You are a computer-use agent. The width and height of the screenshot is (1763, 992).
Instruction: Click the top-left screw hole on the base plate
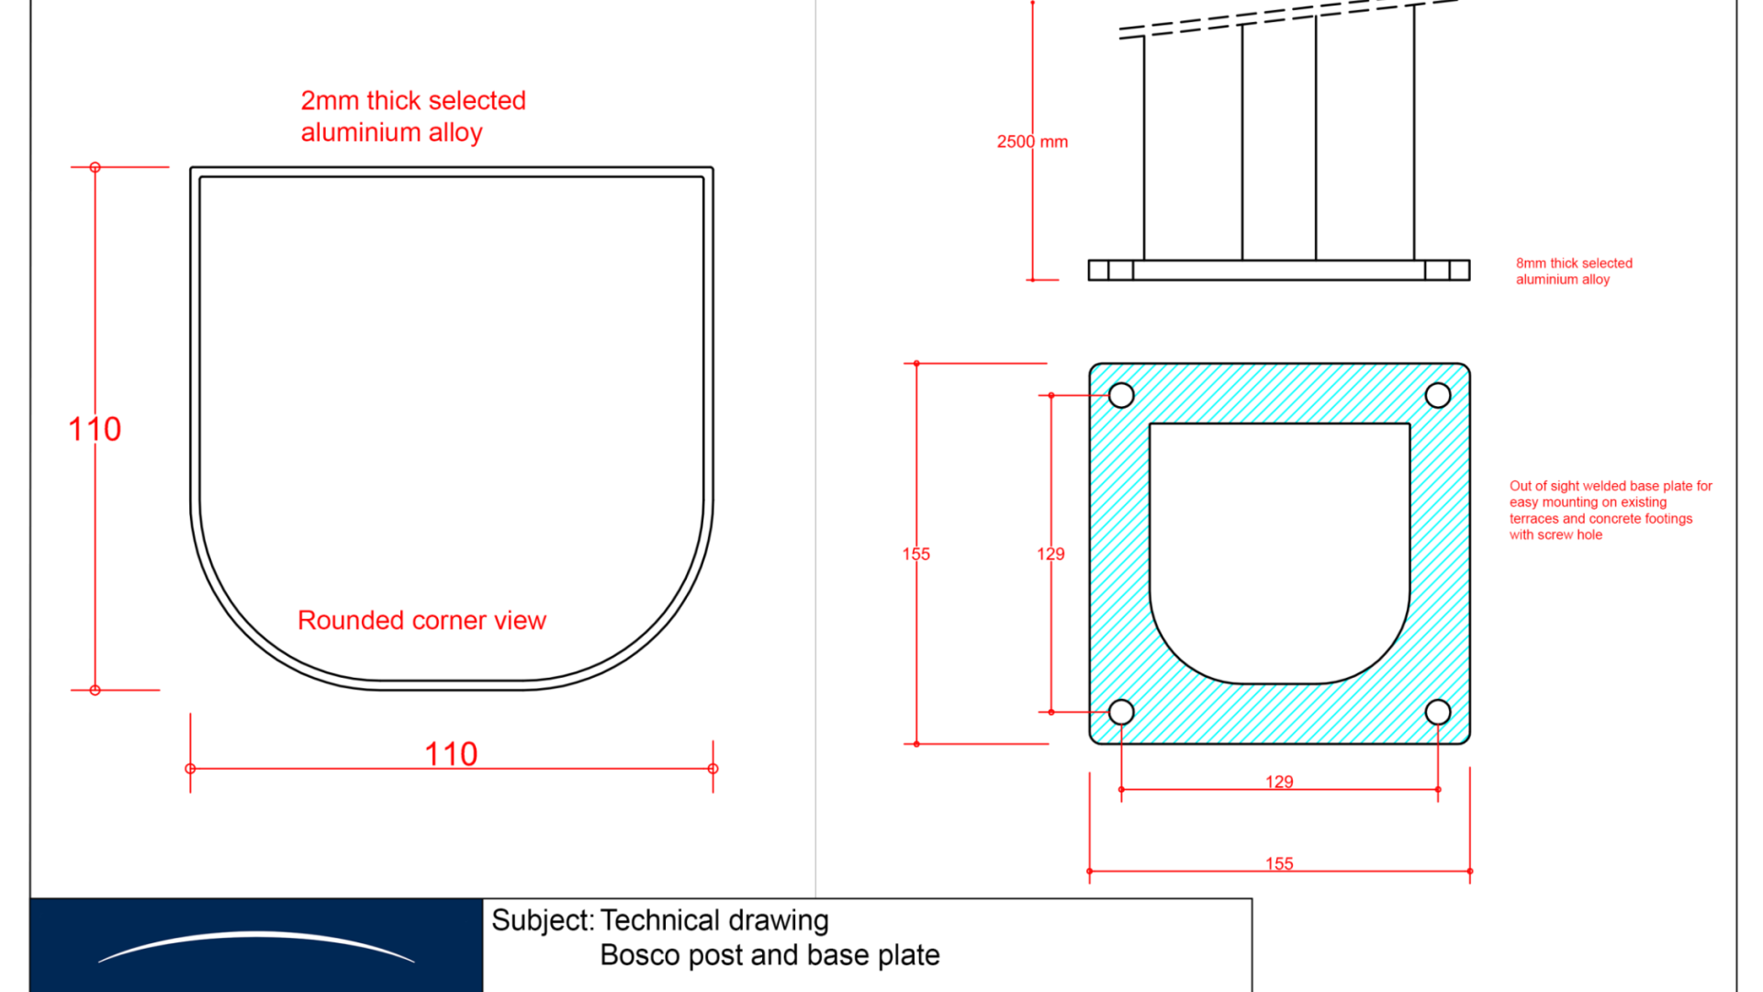[x=1121, y=396]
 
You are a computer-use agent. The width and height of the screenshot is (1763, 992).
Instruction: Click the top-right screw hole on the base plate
[x=1438, y=396]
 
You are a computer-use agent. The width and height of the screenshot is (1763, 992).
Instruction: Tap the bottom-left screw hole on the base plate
[x=1121, y=712]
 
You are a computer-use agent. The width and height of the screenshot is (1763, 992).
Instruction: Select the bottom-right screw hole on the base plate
[x=1438, y=712]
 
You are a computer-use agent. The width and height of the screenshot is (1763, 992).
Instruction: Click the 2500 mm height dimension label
[x=1032, y=142]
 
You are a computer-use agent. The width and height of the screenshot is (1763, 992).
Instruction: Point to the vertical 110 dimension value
[x=95, y=429]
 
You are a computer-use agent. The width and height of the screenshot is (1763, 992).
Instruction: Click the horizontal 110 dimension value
[x=451, y=754]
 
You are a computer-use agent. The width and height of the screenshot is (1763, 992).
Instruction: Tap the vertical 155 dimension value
[x=916, y=554]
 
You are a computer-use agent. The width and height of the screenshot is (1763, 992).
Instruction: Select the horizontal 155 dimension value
[x=1279, y=863]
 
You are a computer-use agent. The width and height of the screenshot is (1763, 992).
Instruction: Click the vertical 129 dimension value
[x=1050, y=554]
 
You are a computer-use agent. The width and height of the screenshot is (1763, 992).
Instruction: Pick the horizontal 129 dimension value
[x=1279, y=782]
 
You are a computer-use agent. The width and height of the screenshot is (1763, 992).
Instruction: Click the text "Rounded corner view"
[x=421, y=621]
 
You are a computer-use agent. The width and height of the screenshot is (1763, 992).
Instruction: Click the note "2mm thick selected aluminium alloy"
[x=413, y=117]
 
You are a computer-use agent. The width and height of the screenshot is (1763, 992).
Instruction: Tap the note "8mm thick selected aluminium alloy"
[x=1574, y=271]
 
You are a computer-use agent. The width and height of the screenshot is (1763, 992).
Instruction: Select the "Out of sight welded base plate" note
[x=1611, y=511]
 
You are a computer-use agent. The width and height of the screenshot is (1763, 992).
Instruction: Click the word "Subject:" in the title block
[x=543, y=920]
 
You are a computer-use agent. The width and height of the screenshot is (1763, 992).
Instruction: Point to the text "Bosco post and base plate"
[x=769, y=955]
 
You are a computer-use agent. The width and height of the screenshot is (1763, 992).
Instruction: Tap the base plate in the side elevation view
[x=1279, y=270]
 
